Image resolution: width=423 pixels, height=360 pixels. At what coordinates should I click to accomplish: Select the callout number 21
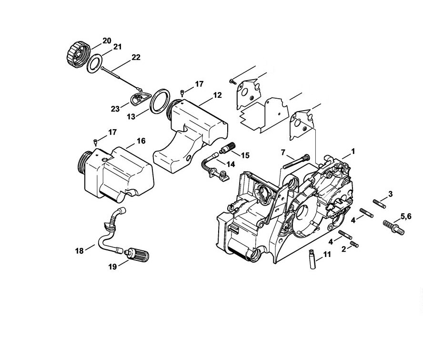(117, 47)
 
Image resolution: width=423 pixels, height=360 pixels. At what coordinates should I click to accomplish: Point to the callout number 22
(136, 58)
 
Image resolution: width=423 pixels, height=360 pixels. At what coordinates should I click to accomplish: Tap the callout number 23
(115, 109)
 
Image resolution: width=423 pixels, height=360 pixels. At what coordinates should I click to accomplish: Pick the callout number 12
(217, 95)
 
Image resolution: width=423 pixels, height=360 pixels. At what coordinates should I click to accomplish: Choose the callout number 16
(141, 141)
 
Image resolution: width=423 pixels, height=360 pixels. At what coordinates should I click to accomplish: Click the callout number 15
(245, 155)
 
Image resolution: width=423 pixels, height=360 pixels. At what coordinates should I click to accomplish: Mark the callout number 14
(230, 164)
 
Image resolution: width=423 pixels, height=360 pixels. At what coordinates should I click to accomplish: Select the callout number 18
(79, 250)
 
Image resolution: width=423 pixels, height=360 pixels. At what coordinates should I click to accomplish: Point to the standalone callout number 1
(353, 151)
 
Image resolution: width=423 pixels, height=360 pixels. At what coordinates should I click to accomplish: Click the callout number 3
(390, 194)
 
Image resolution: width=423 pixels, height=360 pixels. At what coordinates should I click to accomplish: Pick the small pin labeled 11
(310, 261)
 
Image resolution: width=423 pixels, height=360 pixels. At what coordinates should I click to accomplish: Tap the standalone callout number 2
(343, 249)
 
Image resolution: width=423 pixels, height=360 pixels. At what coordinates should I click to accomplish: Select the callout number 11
(326, 255)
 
